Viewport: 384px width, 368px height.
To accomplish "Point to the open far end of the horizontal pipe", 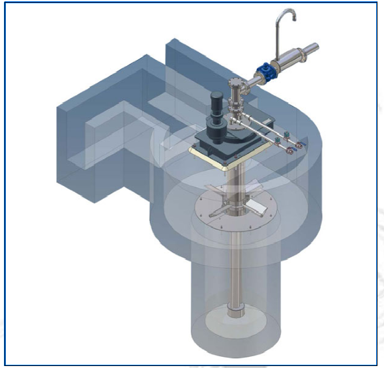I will (x=317, y=46).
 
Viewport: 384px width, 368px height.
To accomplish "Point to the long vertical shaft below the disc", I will (x=237, y=274).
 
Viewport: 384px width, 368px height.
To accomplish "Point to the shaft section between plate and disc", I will (x=237, y=179).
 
